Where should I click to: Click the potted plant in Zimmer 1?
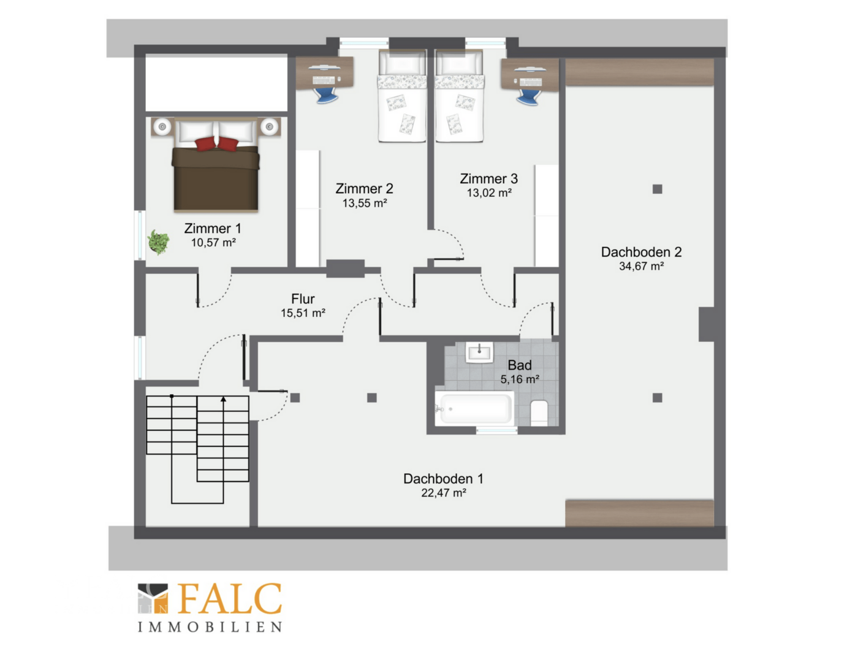[x=158, y=242]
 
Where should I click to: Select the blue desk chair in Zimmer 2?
[x=326, y=94]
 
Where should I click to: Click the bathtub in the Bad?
[x=474, y=408]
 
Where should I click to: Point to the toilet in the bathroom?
[x=539, y=413]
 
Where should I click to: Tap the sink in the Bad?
[x=479, y=352]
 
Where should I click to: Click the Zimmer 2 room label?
[x=365, y=189]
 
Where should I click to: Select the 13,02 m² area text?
[x=489, y=193]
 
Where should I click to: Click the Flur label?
[x=303, y=299]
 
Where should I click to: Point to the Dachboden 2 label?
[x=641, y=252]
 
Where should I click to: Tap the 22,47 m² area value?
[x=444, y=493]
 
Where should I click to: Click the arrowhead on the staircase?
[x=223, y=399]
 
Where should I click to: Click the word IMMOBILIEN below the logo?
[x=210, y=627]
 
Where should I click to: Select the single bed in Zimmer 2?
[x=402, y=96]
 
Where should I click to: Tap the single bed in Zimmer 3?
[x=459, y=96]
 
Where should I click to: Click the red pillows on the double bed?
[x=216, y=143]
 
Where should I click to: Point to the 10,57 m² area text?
[x=213, y=243]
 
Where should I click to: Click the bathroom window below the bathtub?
[x=496, y=430]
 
